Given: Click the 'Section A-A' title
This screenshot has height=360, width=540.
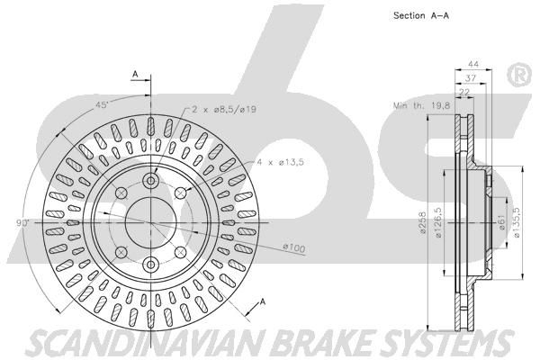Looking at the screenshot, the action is click(x=421, y=15).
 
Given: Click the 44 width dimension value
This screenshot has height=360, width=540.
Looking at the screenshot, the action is click(x=473, y=64).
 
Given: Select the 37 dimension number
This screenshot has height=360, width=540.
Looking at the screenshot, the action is click(x=471, y=78).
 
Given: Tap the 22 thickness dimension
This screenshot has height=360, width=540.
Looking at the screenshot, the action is click(x=464, y=92).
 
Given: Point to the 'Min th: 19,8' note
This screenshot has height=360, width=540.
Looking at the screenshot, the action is click(x=421, y=105).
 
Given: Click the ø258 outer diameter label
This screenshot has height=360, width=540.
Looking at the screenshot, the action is click(x=423, y=222).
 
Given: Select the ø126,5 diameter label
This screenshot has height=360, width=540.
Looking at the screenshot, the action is click(x=438, y=222).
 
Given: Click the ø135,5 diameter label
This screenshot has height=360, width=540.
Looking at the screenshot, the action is click(x=517, y=222).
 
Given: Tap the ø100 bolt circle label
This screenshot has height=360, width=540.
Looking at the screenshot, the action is click(x=293, y=247).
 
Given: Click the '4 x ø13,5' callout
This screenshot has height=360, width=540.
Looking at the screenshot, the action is click(x=280, y=162).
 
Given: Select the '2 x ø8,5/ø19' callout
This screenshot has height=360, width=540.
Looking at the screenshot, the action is click(x=224, y=110).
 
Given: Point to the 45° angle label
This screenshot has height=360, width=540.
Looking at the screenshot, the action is click(x=103, y=105).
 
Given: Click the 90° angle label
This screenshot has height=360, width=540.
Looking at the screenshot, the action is click(x=23, y=223).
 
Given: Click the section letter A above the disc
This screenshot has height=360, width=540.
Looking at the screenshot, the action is click(x=135, y=74).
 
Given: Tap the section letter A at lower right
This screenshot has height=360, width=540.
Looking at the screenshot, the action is click(x=263, y=302).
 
